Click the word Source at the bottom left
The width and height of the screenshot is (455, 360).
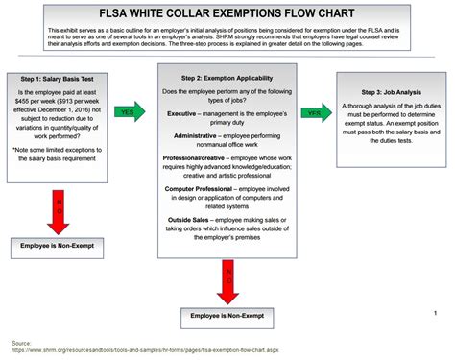click(19, 341)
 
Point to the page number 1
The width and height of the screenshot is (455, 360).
click(435, 312)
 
